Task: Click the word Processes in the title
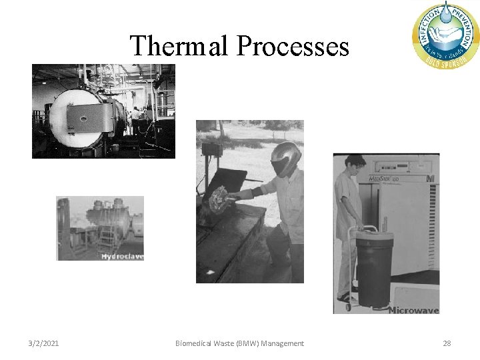293,46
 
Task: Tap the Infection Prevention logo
445,33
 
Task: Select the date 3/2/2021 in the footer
43,343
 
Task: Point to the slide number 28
447,343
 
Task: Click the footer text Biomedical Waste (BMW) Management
239,343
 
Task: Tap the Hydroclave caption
122,256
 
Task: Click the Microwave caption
413,309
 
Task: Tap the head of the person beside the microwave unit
355,163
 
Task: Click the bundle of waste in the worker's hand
219,198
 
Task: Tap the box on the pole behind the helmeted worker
212,149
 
